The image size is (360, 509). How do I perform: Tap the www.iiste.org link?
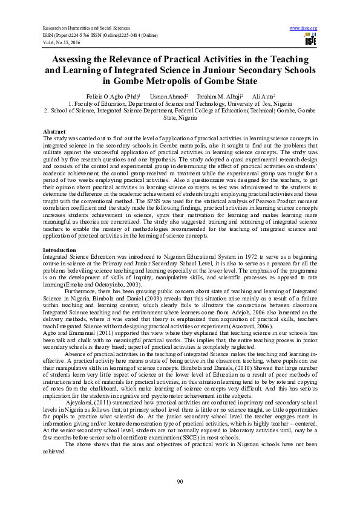point(304,28)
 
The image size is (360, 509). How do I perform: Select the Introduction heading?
point(59,250)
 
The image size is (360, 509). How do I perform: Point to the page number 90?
point(180,481)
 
